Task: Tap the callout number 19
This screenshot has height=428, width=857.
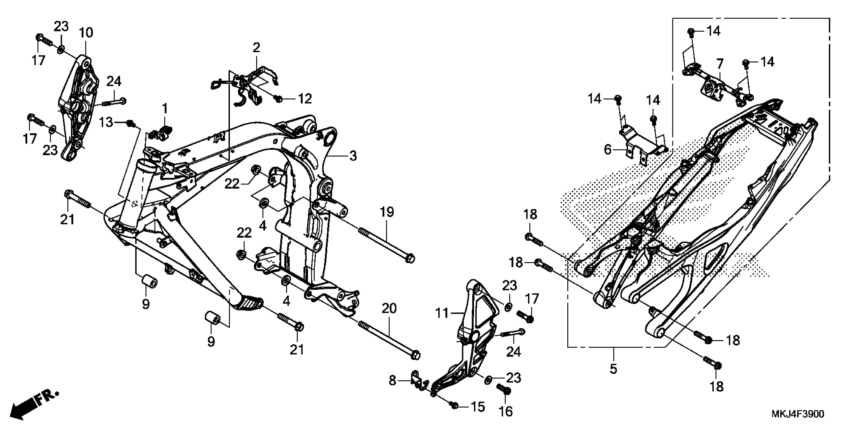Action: (387, 212)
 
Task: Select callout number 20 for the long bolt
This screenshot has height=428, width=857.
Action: (389, 309)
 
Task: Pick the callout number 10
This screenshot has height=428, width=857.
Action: (86, 32)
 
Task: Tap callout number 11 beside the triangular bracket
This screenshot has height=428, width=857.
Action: (442, 313)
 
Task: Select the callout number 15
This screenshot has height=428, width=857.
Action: (478, 407)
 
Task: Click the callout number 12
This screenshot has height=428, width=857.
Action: (305, 99)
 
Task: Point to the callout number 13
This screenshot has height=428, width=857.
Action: (106, 123)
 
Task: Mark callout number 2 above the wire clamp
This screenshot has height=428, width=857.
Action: (256, 48)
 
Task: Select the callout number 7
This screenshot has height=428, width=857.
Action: (720, 63)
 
